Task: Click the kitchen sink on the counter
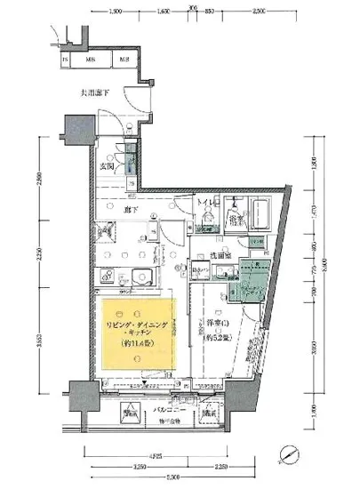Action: click(130, 275)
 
